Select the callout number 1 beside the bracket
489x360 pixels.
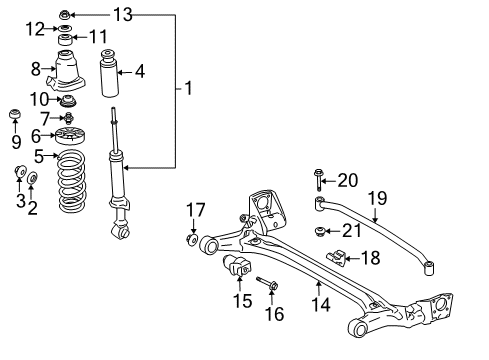[187, 88]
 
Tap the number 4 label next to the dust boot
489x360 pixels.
[140, 71]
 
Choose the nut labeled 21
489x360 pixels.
[320, 232]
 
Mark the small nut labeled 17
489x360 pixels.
[191, 238]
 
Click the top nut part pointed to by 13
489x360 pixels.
[65, 14]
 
